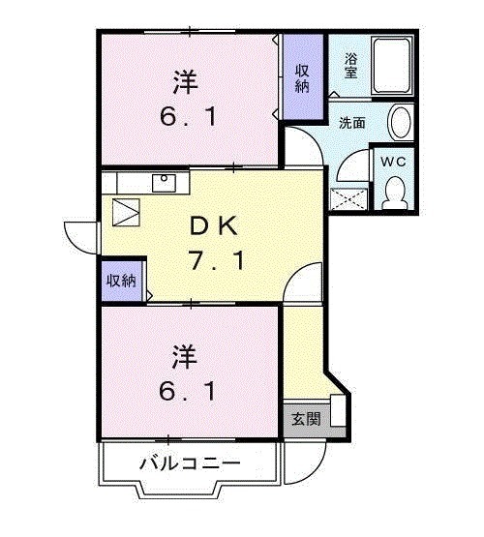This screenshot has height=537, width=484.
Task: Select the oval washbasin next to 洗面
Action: [x=399, y=124]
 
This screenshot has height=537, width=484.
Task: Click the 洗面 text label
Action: [x=350, y=123]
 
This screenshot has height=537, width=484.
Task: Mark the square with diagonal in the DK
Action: [x=126, y=210]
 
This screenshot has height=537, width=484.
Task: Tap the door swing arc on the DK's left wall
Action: [x=77, y=235]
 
